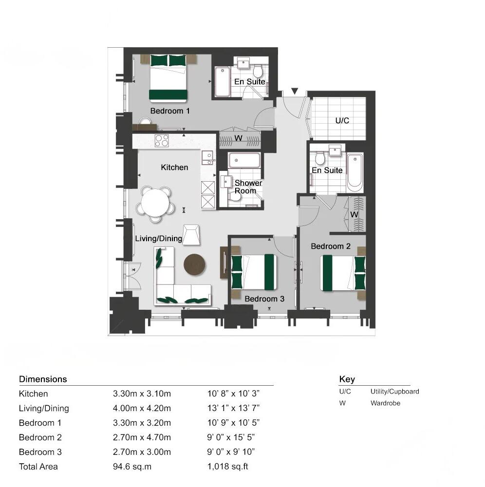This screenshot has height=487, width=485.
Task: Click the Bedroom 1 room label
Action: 170,111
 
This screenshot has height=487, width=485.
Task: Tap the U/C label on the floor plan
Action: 342,120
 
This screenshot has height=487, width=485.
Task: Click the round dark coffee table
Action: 194,264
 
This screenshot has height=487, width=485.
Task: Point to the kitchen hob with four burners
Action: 162,141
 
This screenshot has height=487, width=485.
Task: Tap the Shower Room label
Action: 248,187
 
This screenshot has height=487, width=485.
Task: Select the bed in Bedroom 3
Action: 254,272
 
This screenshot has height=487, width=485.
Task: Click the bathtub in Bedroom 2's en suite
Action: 354,172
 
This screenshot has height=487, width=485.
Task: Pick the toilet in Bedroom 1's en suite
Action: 258,72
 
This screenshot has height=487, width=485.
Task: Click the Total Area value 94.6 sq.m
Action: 132,467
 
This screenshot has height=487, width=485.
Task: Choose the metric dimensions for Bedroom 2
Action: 142,437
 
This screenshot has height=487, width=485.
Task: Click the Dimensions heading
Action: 43,379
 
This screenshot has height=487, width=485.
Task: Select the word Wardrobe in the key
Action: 385,403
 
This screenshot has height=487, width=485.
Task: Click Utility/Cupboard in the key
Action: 394,391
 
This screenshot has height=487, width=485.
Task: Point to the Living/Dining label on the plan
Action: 158,239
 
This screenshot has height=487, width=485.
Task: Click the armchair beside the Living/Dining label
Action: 191,234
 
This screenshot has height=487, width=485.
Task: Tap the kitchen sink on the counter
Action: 208,157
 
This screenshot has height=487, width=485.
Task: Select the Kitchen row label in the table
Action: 33,393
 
